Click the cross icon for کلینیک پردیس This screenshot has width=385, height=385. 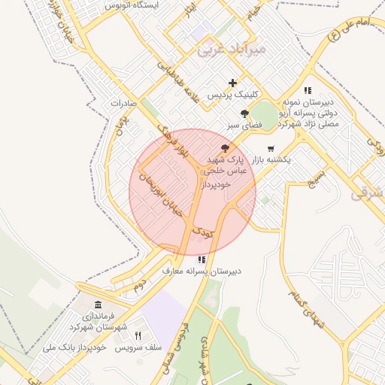(233, 83)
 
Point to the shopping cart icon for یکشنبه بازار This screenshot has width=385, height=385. (271, 148)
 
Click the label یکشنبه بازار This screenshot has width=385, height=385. (268, 160)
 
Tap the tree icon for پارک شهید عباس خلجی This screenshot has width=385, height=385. (225, 148)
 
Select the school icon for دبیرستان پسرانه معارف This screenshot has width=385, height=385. (201, 259)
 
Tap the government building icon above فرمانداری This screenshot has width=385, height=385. (99, 305)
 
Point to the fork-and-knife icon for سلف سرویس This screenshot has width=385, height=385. (138, 335)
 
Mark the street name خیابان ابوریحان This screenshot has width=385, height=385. (164, 197)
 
